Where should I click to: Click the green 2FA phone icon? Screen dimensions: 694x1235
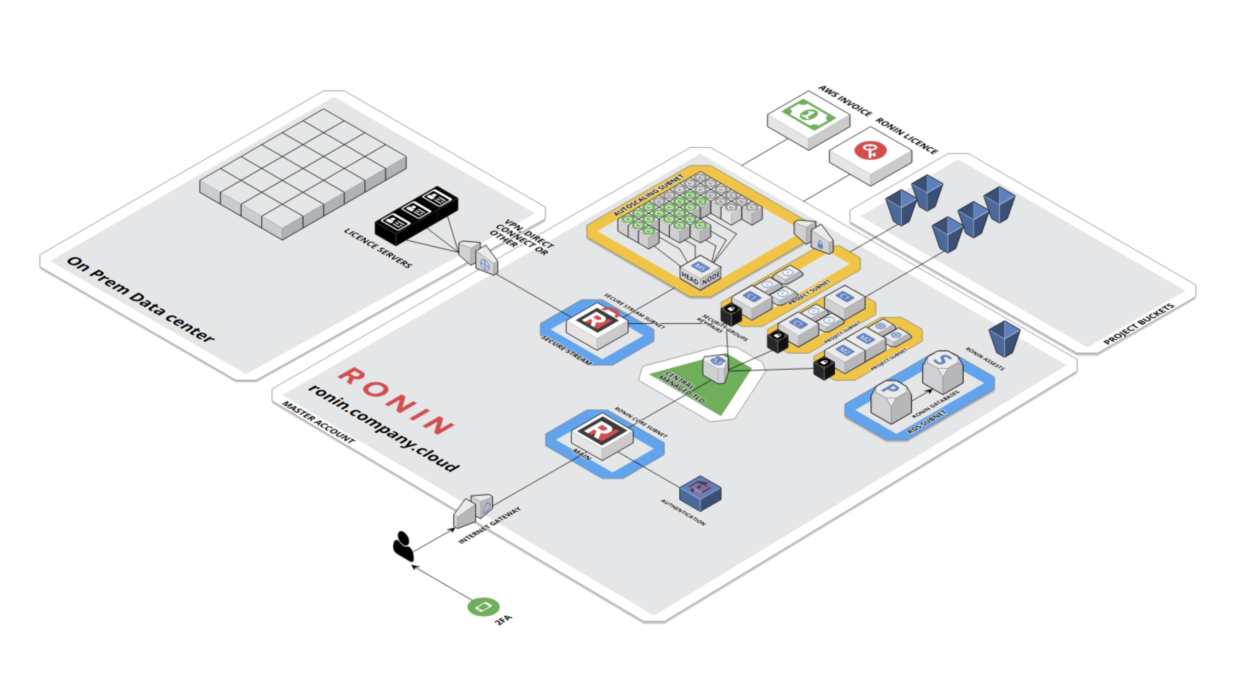(483, 607)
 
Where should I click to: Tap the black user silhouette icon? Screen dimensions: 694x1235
(403, 546)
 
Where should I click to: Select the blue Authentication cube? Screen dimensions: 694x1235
(700, 493)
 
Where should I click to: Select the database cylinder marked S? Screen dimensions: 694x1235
(943, 371)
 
